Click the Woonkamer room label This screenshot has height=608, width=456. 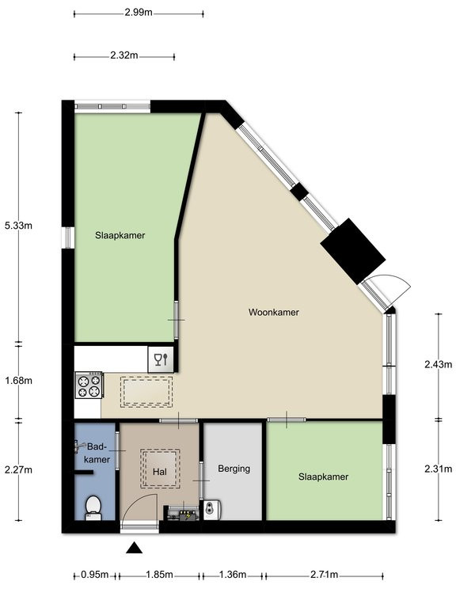click(x=274, y=312)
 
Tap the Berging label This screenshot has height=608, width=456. click(x=234, y=469)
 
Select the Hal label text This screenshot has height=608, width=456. click(x=160, y=472)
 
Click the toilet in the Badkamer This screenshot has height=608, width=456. click(x=93, y=508)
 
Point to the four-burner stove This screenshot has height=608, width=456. click(x=89, y=385)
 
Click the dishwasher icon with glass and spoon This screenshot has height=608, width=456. click(x=161, y=359)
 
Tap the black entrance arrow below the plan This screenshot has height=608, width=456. click(x=134, y=548)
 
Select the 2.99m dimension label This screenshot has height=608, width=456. click(x=139, y=13)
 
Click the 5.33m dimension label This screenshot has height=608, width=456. click(x=18, y=226)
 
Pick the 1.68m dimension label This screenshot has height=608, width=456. click(x=18, y=381)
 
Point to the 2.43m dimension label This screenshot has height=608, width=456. click(x=438, y=364)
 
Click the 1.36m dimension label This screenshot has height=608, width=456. click(x=233, y=575)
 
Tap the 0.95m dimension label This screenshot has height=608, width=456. click(x=95, y=575)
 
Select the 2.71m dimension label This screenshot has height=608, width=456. click(x=324, y=575)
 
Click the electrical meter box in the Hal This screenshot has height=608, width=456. click(x=182, y=513)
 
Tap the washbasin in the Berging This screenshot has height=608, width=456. click(x=212, y=510)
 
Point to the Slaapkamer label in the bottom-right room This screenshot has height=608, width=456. click(x=323, y=477)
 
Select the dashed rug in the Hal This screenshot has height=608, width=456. click(x=160, y=469)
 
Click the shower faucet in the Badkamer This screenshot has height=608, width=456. click(x=81, y=446)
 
